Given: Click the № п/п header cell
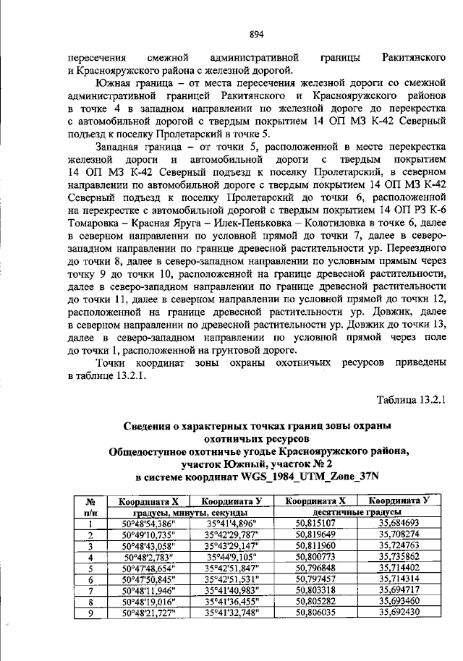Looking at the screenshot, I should coord(91,506).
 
